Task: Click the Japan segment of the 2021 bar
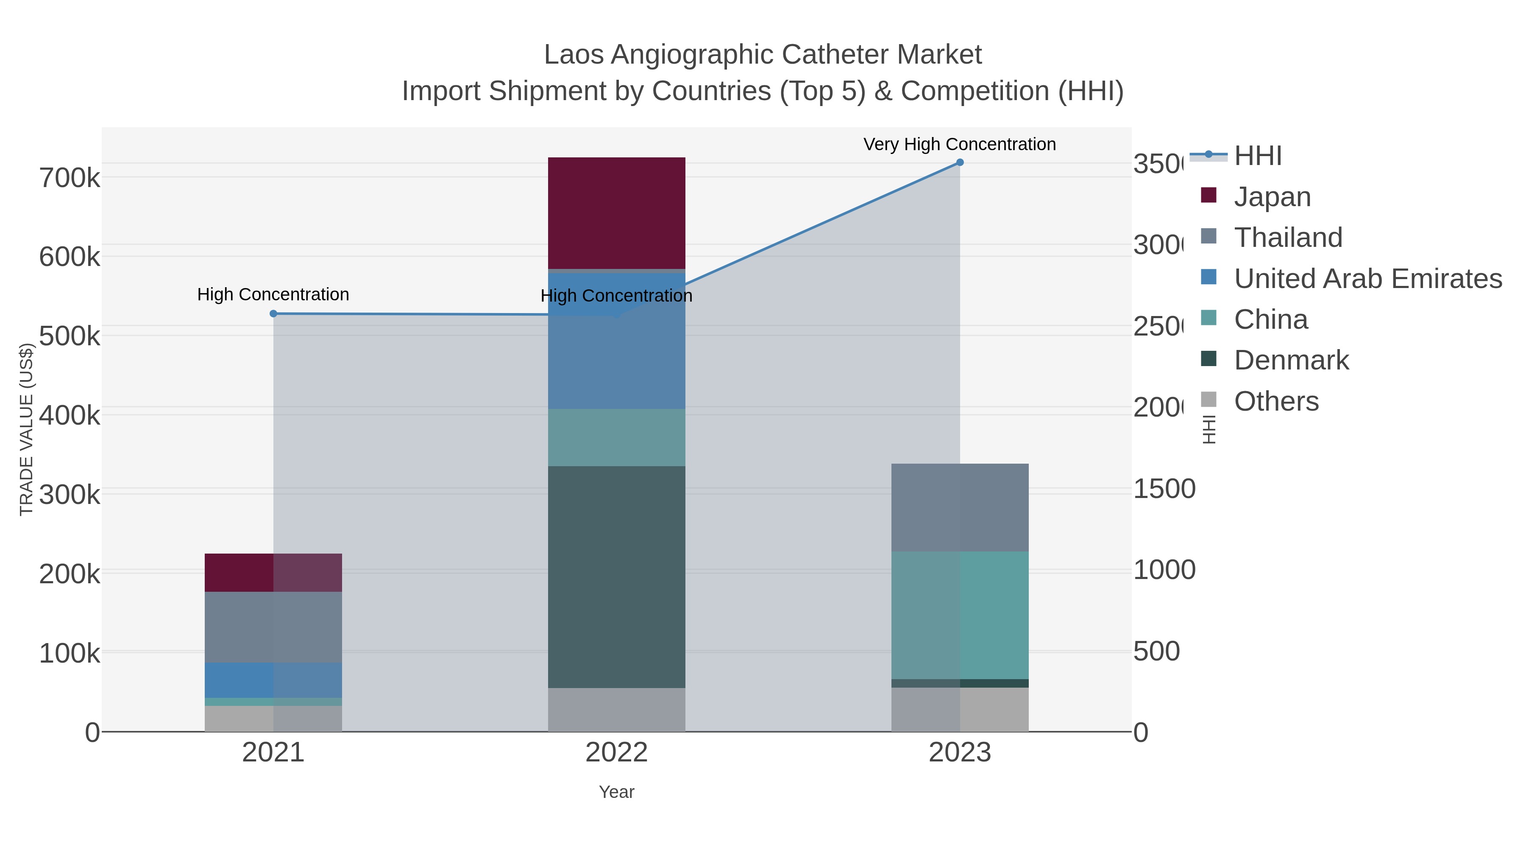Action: point(273,572)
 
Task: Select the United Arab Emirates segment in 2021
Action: point(273,680)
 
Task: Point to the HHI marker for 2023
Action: point(960,162)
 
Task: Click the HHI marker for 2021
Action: point(273,313)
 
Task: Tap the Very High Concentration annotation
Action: point(959,144)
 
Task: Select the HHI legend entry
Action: point(1258,156)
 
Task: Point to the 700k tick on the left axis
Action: point(70,178)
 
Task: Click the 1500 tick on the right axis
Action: point(1164,489)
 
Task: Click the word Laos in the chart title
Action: point(574,55)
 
